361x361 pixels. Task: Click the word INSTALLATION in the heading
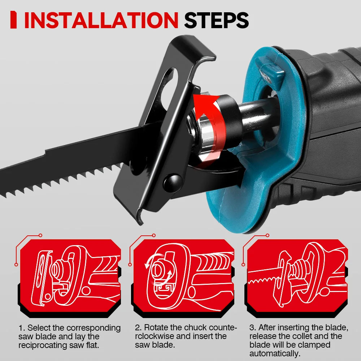101,20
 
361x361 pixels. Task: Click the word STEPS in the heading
216,20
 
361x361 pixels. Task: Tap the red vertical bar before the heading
14,20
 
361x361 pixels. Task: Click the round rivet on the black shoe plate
172,180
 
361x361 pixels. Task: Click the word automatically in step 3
275,354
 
